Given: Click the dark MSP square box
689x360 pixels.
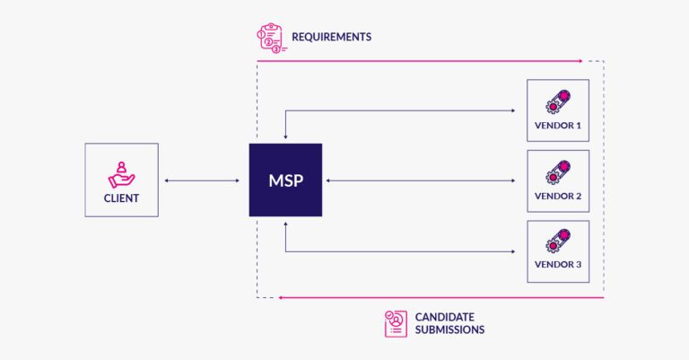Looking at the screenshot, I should (285, 180).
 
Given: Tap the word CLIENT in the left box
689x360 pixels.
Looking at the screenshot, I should (121, 198).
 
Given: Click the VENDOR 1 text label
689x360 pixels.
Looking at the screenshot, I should (558, 125).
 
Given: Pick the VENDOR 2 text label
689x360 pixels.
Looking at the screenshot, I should (558, 196).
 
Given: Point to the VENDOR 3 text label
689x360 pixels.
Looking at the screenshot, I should (558, 266).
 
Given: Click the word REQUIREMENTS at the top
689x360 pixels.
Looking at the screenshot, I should (330, 38).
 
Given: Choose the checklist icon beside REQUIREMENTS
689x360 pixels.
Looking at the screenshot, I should (272, 39).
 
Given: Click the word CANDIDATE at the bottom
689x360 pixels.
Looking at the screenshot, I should (445, 317).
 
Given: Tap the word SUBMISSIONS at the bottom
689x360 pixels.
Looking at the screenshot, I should (449, 330).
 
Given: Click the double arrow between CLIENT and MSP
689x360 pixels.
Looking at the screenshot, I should (203, 180).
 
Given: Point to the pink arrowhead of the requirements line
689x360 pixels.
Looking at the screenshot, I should (580, 61).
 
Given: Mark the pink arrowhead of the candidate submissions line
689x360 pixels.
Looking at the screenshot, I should (282, 297).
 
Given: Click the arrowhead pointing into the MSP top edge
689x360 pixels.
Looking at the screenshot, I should (285, 137).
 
